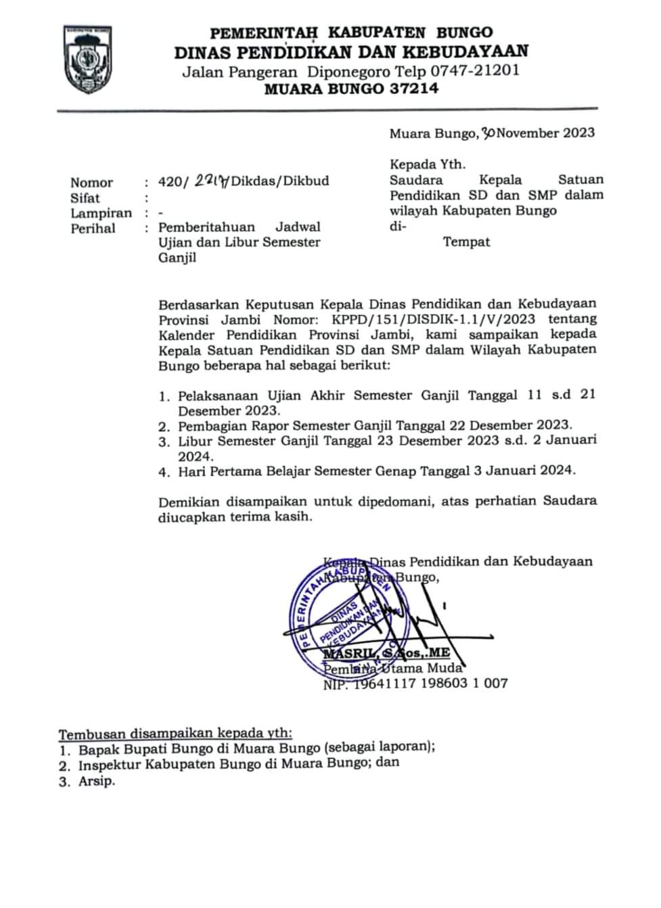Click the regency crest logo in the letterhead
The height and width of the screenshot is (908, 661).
coord(89,60)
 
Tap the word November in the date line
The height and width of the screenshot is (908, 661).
coord(527,133)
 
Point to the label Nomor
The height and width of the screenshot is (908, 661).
coord(91,183)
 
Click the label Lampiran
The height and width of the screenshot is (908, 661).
coord(101,213)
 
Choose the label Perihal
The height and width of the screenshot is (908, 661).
coord(93,229)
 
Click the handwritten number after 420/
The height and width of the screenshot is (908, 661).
coord(210,181)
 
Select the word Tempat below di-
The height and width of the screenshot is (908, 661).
coord(466,241)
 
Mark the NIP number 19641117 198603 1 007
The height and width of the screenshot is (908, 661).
coord(432,683)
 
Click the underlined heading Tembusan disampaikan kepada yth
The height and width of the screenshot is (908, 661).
coord(176,734)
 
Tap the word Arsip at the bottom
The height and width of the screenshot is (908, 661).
coord(96,781)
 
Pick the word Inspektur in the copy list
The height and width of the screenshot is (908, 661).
coord(111,764)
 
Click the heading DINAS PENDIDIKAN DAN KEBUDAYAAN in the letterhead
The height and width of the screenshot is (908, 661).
coord(351,52)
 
